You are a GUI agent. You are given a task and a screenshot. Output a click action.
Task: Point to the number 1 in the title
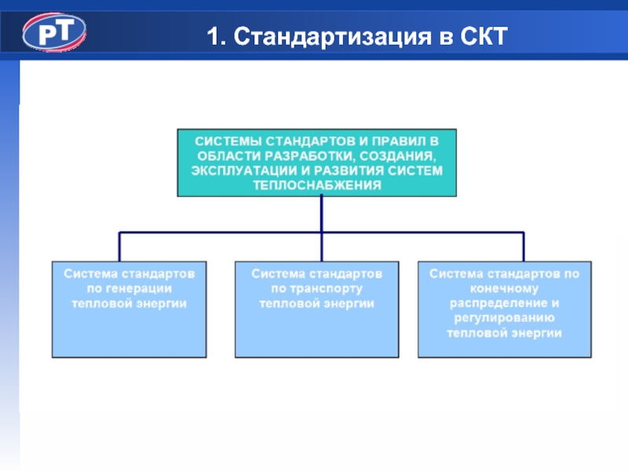[213, 35]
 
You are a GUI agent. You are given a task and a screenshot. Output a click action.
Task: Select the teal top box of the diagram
[317, 162]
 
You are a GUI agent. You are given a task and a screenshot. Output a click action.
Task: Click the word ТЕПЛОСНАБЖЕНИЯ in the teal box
[317, 186]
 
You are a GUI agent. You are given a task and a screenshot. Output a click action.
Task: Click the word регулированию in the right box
[504, 318]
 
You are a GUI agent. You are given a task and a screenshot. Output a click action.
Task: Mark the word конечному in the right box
[504, 288]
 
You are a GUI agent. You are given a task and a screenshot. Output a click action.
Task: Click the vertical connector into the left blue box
[119, 246]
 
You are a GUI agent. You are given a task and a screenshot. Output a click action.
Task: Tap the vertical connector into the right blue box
[524, 246]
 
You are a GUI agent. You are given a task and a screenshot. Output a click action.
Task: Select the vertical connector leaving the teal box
[322, 214]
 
